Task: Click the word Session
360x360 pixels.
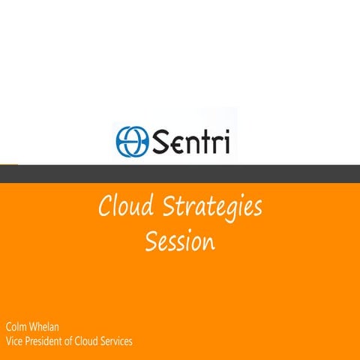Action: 179,242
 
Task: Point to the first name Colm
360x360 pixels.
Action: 18,328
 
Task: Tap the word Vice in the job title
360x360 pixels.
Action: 14,341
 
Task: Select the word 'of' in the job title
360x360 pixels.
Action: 73,341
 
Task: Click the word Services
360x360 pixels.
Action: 119,341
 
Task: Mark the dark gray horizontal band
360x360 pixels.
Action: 180,173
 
